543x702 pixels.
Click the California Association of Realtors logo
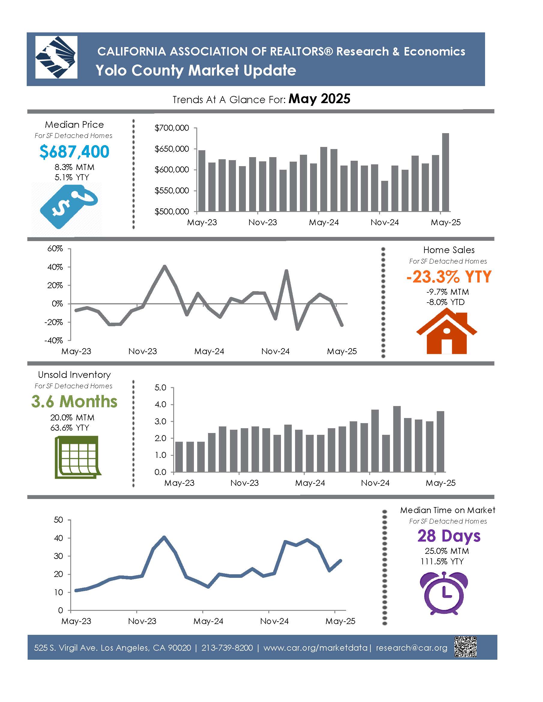point(56,57)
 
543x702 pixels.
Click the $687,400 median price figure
point(74,152)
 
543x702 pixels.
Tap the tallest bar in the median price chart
point(445,172)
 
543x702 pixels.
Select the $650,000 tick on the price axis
point(172,149)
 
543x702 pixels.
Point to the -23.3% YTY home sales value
point(449,277)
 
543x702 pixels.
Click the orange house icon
point(446,331)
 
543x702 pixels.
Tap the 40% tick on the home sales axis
point(55,267)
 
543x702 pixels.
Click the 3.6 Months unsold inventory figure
point(74,402)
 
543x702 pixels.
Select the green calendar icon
point(77,457)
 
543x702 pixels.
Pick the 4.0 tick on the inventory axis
point(160,404)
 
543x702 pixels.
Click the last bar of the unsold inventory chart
point(440,442)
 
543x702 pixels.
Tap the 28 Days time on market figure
point(449,536)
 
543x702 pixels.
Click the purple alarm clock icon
point(444,593)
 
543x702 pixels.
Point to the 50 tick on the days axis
point(58,520)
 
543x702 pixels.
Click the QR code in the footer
point(465,647)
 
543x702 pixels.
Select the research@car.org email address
point(412,648)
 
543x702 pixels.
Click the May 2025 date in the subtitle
point(319,99)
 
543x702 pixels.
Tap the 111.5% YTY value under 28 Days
point(442,562)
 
